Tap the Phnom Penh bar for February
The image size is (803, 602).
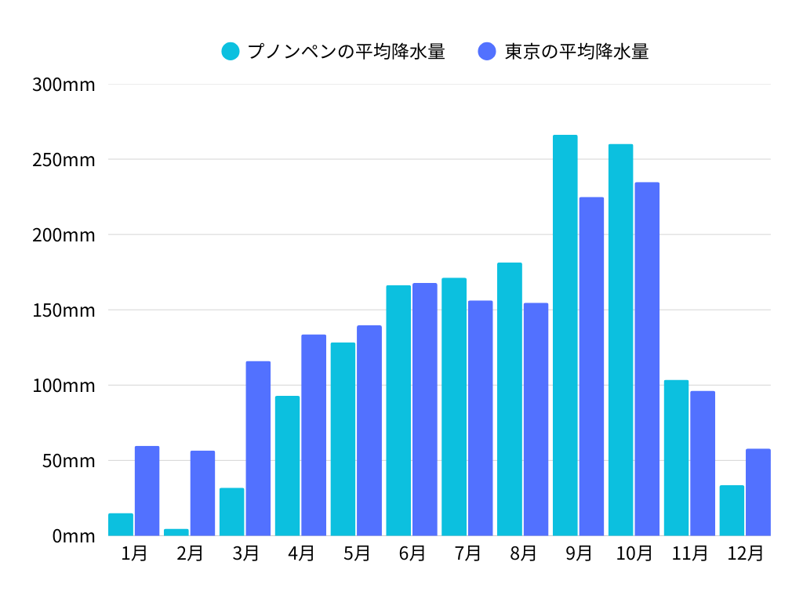(176, 532)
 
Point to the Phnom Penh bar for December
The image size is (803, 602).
(732, 510)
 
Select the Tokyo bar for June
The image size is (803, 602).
(425, 409)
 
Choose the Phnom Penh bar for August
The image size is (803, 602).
(510, 399)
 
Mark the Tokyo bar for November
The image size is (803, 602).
(703, 463)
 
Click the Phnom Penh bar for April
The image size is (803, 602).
(287, 466)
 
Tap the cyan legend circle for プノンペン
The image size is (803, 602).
(231, 52)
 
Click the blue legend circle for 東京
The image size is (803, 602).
(487, 52)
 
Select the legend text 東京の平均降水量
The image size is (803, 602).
(576, 52)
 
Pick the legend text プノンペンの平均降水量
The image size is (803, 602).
(346, 52)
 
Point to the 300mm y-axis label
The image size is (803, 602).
(64, 85)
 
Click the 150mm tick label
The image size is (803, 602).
(64, 310)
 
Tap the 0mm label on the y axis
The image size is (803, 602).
(74, 536)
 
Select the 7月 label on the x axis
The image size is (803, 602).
(468, 553)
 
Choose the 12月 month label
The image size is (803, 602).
(745, 553)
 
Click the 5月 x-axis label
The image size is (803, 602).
(357, 553)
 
